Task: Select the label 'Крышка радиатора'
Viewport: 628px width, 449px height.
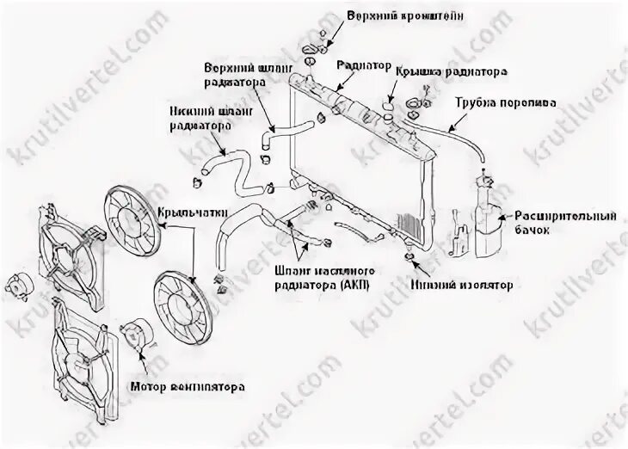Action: pyautogui.click(x=450, y=73)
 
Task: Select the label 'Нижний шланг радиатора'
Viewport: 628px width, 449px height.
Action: pyautogui.click(x=197, y=118)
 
